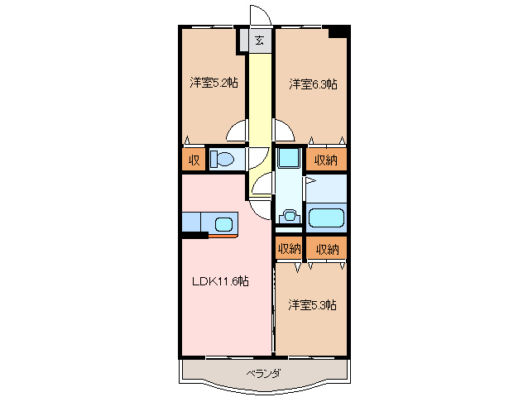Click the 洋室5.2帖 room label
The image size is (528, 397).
point(214,83)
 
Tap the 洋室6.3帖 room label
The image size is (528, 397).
point(312,84)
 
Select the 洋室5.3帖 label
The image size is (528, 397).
point(312,305)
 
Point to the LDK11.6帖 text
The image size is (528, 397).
point(221,281)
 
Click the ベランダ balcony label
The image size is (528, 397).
point(263,374)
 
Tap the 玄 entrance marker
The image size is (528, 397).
point(259,40)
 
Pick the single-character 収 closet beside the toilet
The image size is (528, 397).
point(194,159)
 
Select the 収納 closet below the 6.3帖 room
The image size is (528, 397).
point(326,159)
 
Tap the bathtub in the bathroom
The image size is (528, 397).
point(326,219)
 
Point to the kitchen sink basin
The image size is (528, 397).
point(224,222)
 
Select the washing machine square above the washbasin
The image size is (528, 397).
point(288,158)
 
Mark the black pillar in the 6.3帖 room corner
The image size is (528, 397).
point(338,32)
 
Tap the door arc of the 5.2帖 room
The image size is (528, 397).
point(238,131)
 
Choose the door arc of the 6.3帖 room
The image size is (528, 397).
point(283,130)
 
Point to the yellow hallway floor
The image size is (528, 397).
point(260,99)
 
